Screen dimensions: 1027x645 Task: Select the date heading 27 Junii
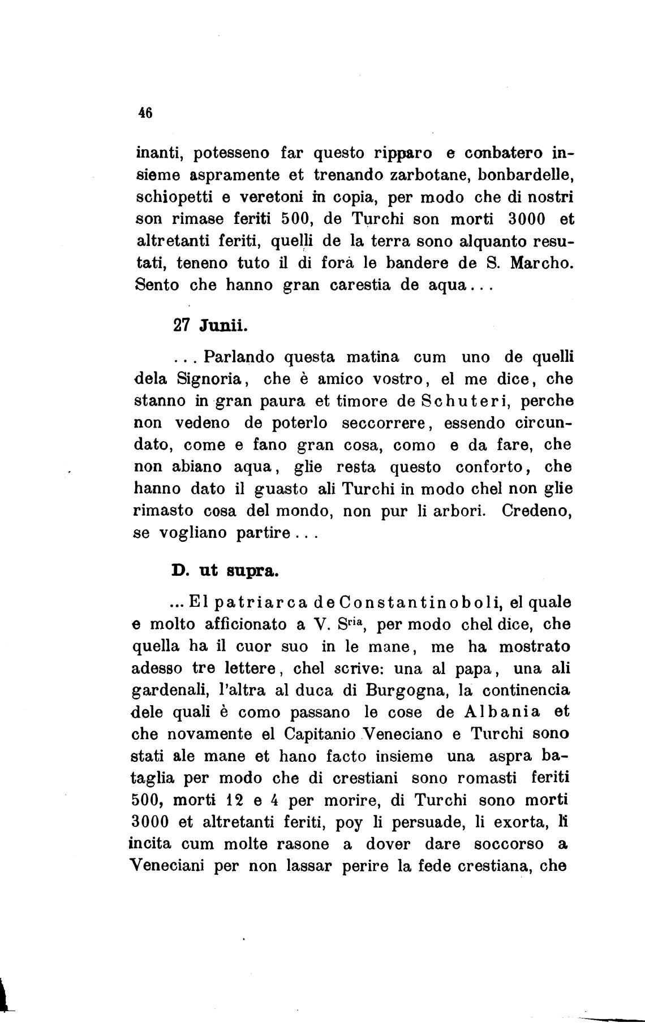point(208,326)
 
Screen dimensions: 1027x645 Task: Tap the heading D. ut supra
point(225,571)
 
